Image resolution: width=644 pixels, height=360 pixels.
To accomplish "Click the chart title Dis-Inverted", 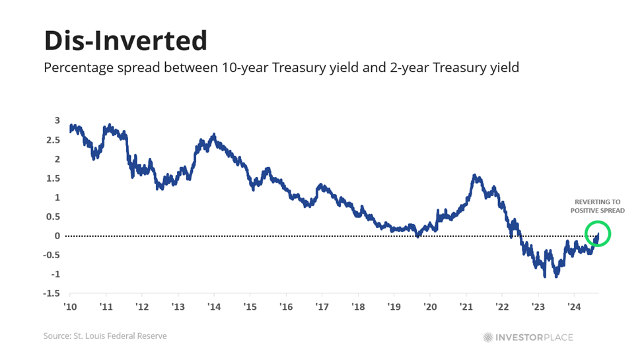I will click(125, 41).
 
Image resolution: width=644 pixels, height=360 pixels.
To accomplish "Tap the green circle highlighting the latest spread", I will click(597, 233).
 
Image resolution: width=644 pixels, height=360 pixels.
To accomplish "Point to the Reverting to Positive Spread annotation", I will click(597, 205).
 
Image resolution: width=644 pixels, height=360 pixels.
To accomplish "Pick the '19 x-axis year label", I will click(394, 306).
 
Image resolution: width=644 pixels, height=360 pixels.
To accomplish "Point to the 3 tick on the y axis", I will click(57, 120).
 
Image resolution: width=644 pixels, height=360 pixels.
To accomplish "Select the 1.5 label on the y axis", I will click(54, 178).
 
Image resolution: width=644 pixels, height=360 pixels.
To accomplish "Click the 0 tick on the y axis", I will click(57, 236).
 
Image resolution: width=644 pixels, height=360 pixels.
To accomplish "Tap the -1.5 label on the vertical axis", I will click(52, 293).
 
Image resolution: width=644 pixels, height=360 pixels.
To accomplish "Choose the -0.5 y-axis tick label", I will click(52, 255).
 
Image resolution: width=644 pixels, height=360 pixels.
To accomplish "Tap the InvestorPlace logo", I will click(527, 337).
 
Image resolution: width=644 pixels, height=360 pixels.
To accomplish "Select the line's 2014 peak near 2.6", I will click(213, 135).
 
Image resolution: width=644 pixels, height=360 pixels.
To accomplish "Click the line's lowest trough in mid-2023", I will click(555, 275).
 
